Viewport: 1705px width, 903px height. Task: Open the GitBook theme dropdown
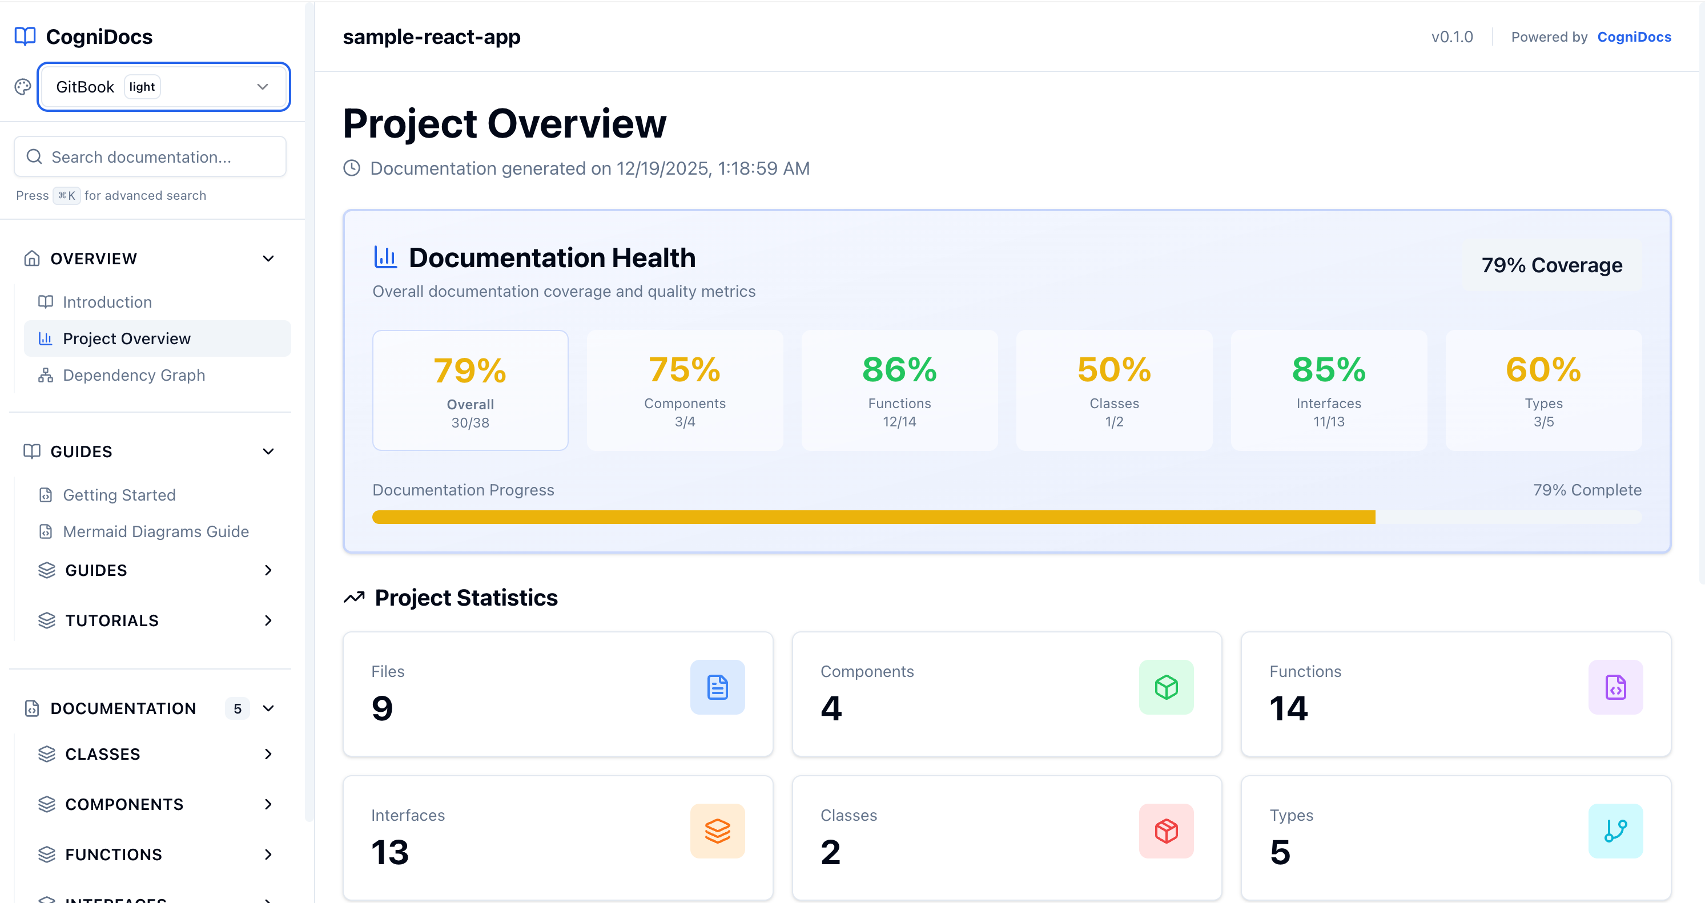(x=163, y=87)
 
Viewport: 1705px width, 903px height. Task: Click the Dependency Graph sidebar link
(x=134, y=375)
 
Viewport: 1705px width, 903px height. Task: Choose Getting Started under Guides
(x=119, y=495)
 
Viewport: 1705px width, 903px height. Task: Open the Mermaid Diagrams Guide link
(x=155, y=531)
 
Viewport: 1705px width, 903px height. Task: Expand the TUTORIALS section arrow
(x=268, y=620)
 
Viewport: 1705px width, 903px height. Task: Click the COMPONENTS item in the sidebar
(x=124, y=804)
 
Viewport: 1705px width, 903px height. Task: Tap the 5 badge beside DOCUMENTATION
(x=237, y=708)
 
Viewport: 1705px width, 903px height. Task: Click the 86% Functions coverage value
(x=899, y=370)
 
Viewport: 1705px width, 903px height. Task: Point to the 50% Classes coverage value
(x=1114, y=370)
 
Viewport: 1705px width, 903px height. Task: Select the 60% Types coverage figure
(x=1543, y=370)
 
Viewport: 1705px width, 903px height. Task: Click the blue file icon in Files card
(x=718, y=687)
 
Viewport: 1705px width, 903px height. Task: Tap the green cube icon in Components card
(x=1166, y=687)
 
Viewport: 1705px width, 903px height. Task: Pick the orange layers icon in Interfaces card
(x=718, y=831)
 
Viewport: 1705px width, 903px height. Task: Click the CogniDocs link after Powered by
(x=1634, y=37)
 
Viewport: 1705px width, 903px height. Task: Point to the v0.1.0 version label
(x=1452, y=37)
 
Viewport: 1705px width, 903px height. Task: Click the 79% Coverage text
(x=1551, y=265)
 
